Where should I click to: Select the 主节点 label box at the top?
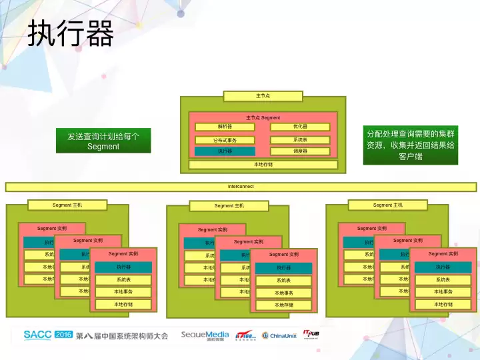(263, 96)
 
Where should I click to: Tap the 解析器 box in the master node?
(225, 127)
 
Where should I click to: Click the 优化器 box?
(300, 127)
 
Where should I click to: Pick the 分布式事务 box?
(225, 140)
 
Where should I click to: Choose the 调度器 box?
(300, 151)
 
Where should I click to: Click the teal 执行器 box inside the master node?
(225, 151)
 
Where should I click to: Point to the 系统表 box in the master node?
(300, 140)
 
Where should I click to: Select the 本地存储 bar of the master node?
(263, 164)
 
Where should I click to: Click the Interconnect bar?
(241, 187)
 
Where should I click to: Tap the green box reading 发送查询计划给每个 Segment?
(103, 141)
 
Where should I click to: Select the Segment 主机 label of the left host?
(67, 205)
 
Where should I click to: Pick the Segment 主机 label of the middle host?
(229, 206)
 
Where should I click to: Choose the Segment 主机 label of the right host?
(387, 205)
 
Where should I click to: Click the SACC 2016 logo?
(48, 335)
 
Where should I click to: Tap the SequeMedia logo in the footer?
(205, 335)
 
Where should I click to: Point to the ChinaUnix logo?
(279, 335)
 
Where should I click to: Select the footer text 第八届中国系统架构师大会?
(122, 335)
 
